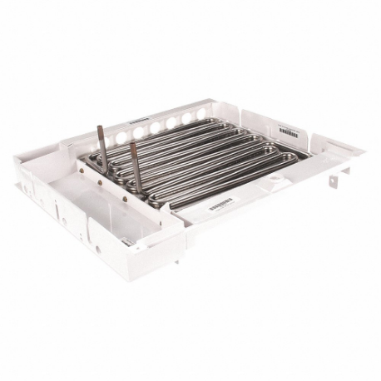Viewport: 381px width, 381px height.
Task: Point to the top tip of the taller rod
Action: click(100, 127)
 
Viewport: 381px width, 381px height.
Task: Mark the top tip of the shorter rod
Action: click(131, 145)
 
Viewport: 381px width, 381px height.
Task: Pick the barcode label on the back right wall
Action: click(289, 131)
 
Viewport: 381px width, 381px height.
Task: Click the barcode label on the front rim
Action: click(220, 204)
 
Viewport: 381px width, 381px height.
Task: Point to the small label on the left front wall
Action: click(127, 240)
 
